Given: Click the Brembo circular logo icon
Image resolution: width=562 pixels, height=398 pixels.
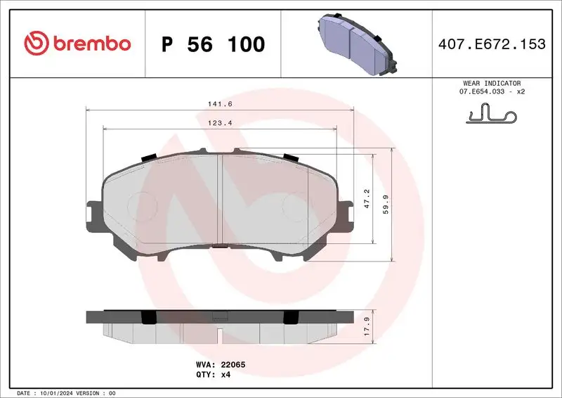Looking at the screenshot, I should pos(37,44).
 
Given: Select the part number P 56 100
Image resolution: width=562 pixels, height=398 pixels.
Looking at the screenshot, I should pos(213,44).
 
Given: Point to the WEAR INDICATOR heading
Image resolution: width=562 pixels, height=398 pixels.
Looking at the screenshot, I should pos(491,83).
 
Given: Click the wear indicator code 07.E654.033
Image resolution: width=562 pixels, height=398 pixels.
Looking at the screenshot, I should pos(485,92).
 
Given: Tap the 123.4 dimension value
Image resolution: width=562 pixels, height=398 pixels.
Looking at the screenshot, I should pos(219,123).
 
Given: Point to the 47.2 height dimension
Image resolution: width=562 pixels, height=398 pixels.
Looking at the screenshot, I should pos(367,197).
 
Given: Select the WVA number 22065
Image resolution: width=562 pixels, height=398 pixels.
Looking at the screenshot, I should pos(233,365).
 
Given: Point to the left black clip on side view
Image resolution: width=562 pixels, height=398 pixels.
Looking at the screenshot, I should pos(149,317).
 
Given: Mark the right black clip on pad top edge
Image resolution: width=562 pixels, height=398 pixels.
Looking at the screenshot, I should pos(291,157).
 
